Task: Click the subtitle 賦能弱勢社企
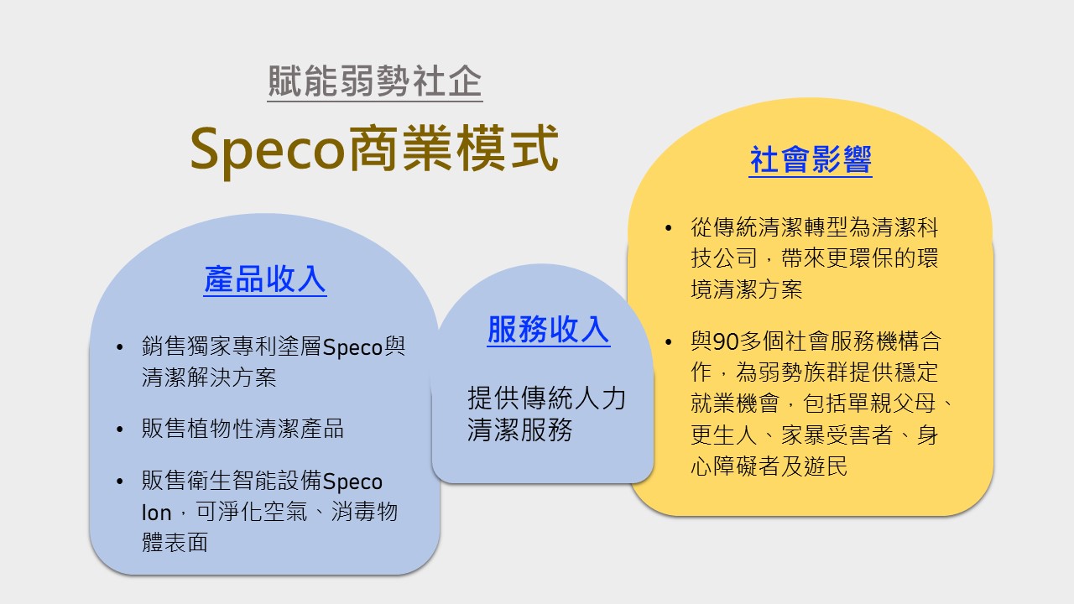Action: (374, 82)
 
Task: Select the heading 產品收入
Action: (265, 279)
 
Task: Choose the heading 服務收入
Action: (549, 330)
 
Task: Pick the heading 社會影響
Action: (811, 159)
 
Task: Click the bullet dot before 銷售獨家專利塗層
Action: (122, 347)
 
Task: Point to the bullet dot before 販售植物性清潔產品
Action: (122, 430)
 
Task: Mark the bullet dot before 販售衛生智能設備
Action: (122, 482)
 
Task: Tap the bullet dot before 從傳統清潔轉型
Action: (668, 228)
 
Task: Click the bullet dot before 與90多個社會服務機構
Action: (668, 342)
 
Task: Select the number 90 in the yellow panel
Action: (724, 342)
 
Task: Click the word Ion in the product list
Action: (156, 513)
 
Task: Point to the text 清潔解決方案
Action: (209, 377)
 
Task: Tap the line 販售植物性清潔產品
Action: (242, 430)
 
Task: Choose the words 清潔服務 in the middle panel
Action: (520, 430)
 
